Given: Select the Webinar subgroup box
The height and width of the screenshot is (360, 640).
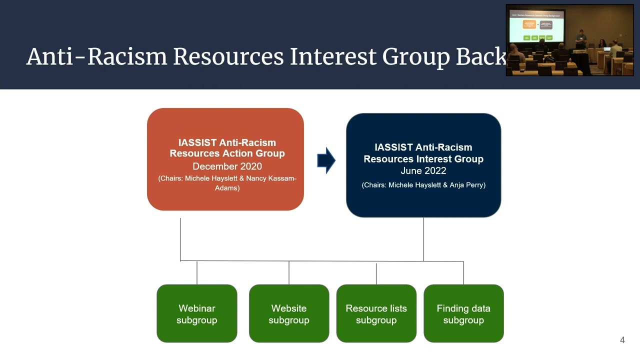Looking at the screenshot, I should [196, 313].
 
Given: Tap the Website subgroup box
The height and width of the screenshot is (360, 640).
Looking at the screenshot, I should [288, 313].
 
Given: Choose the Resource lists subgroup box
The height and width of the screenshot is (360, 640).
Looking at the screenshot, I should [376, 313].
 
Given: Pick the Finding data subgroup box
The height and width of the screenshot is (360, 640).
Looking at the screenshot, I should [463, 313].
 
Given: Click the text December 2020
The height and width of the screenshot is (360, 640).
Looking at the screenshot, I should [227, 166].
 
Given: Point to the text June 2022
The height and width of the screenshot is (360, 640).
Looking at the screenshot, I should [423, 171].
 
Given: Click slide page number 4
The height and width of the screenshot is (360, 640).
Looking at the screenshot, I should [622, 340].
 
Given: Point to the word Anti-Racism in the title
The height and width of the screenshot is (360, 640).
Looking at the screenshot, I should [96, 57].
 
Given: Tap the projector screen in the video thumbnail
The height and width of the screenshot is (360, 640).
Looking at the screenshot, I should [536, 26].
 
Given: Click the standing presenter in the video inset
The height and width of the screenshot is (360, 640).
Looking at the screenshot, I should [580, 39].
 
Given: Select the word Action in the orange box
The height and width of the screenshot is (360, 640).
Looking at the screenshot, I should [242, 153].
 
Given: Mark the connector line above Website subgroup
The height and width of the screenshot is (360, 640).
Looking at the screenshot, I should [289, 272].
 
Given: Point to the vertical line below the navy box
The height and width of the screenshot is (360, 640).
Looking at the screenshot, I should [423, 239].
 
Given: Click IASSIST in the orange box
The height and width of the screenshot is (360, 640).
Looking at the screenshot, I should [196, 142].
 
